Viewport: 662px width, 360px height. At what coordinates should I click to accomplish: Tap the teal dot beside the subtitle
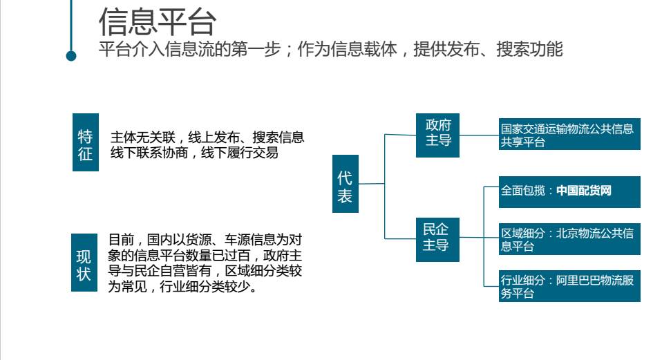point(71,55)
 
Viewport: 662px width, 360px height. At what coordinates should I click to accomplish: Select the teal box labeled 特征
point(85,142)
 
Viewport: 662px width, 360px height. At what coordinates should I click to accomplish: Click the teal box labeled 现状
point(84,262)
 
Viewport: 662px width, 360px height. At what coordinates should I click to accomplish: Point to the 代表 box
point(345,184)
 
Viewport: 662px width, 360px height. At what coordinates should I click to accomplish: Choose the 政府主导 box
point(437,133)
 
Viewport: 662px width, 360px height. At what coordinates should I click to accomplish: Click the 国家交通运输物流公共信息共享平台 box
point(570,135)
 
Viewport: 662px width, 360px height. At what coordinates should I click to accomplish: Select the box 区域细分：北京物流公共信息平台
point(570,240)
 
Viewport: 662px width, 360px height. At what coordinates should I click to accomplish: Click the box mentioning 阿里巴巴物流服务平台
point(570,287)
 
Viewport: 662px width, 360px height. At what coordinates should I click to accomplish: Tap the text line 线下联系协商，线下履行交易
point(195,153)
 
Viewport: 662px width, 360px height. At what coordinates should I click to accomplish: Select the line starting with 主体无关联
point(207,137)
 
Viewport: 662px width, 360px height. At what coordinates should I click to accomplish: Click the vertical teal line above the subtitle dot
point(71,24)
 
